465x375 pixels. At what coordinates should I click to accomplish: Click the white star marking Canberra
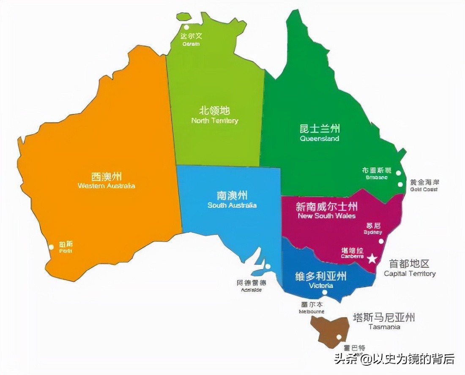tap(372, 258)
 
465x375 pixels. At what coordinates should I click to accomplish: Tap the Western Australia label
tap(107, 180)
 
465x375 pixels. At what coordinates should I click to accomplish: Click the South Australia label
tap(232, 200)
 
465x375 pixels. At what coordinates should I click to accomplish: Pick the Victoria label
tap(320, 280)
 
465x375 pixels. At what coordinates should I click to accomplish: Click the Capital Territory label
tap(409, 268)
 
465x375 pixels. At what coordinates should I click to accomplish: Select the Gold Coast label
tap(424, 185)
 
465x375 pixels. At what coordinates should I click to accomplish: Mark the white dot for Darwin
tap(186, 27)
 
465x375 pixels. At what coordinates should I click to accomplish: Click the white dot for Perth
tap(52, 247)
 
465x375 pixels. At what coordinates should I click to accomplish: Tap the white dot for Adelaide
tap(268, 266)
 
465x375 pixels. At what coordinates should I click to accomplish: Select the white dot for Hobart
tap(339, 337)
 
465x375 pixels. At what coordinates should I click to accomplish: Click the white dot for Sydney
tap(381, 241)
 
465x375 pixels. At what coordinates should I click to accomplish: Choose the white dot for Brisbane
tap(398, 173)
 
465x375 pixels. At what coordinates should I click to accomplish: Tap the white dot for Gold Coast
tap(400, 184)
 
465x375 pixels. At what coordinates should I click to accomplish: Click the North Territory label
tap(215, 115)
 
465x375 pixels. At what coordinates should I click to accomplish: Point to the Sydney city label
tap(373, 228)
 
